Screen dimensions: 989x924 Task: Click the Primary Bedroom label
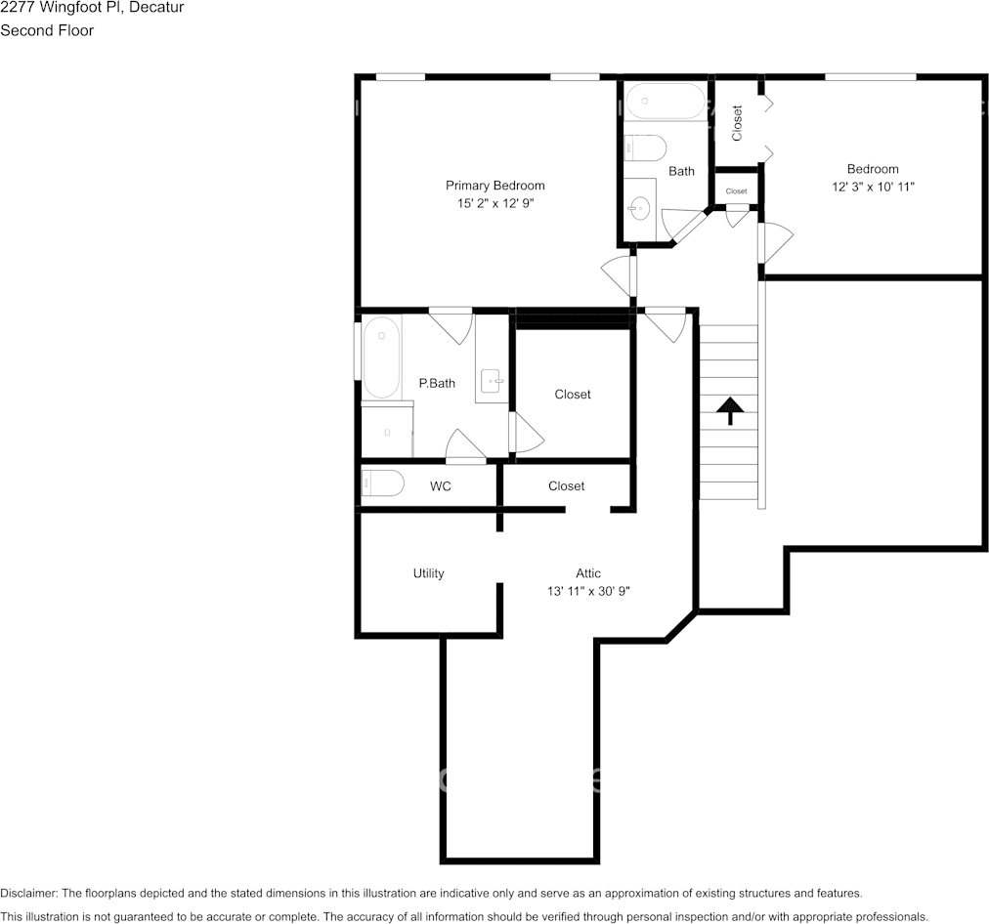pyautogui.click(x=495, y=186)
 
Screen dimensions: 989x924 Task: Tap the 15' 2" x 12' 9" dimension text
pyautogui.click(x=495, y=203)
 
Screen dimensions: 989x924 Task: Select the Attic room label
pyautogui.click(x=588, y=573)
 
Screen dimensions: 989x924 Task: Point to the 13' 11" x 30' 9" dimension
pyautogui.click(x=588, y=591)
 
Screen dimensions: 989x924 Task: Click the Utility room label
pyautogui.click(x=428, y=573)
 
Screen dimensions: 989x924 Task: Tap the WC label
pyautogui.click(x=440, y=486)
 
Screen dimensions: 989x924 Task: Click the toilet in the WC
pyautogui.click(x=382, y=483)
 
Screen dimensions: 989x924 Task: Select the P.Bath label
pyautogui.click(x=437, y=383)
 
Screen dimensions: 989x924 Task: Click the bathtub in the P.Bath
pyautogui.click(x=381, y=357)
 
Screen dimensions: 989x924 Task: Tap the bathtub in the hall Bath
pyautogui.click(x=666, y=101)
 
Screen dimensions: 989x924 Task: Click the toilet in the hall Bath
pyautogui.click(x=645, y=148)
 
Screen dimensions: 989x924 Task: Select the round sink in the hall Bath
pyautogui.click(x=640, y=209)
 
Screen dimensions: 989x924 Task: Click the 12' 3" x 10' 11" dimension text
pyautogui.click(x=873, y=187)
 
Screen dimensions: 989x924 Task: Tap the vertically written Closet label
pyautogui.click(x=737, y=123)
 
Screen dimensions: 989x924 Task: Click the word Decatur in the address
pyautogui.click(x=156, y=8)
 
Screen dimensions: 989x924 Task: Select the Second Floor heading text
pyautogui.click(x=47, y=30)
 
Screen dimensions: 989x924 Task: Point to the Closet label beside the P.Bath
pyautogui.click(x=572, y=394)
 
